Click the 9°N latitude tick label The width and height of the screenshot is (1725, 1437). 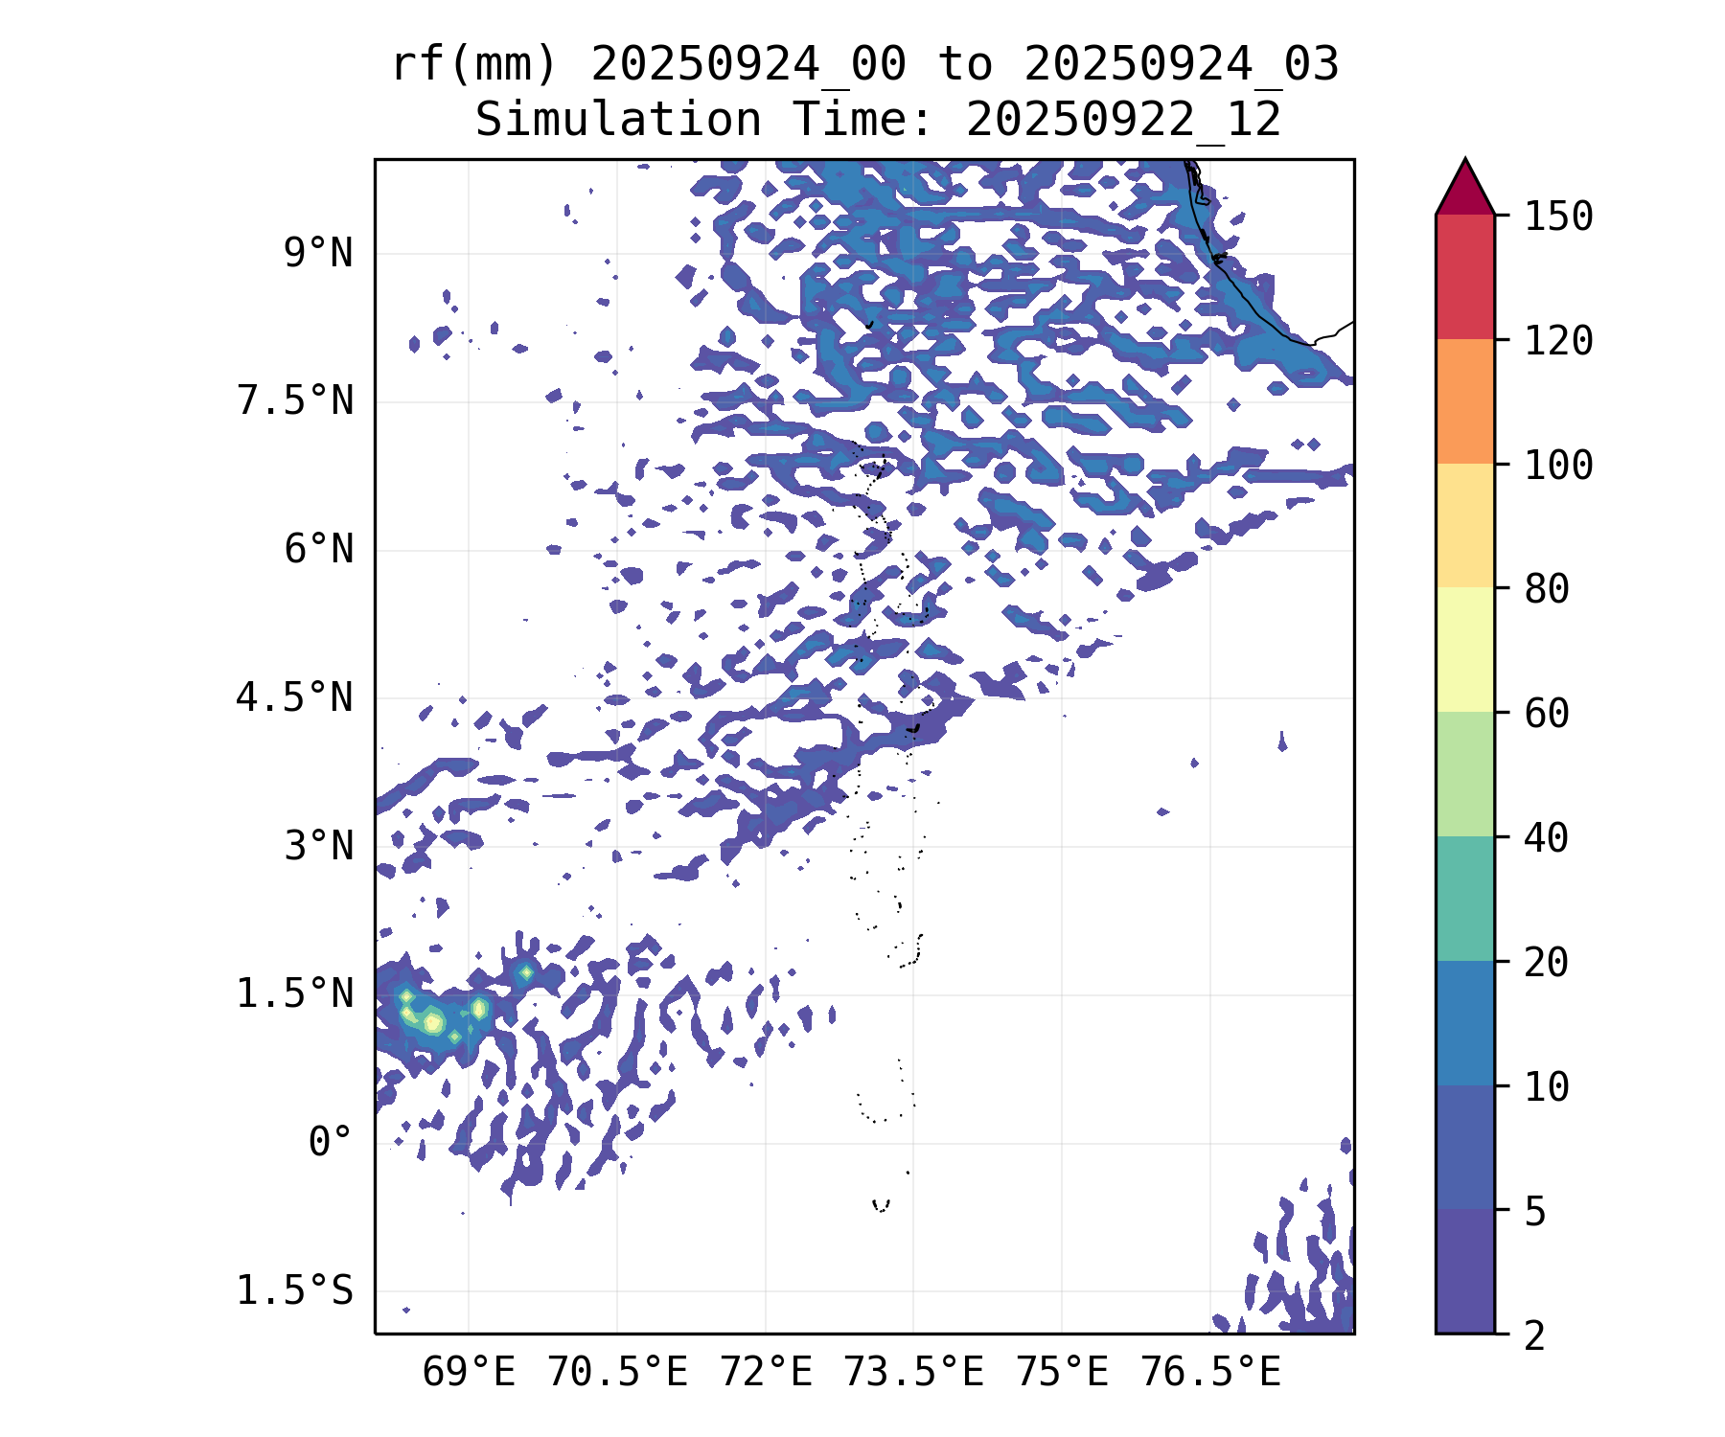click(318, 254)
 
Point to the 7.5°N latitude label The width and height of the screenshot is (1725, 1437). click(295, 401)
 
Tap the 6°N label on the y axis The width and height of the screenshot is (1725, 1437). click(318, 550)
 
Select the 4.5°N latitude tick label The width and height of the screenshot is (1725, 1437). click(295, 697)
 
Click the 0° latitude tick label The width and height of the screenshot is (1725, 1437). click(331, 1142)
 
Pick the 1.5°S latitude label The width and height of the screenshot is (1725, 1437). click(295, 1290)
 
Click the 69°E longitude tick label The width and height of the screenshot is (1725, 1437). click(469, 1373)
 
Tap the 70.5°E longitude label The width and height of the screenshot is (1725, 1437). click(617, 1373)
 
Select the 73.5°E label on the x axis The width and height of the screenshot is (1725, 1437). click(913, 1373)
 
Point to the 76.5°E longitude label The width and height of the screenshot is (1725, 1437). click(1210, 1373)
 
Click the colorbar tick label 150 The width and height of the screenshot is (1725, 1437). click(1558, 217)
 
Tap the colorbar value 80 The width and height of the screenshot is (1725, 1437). click(1547, 588)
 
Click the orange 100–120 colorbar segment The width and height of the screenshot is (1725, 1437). click(1464, 401)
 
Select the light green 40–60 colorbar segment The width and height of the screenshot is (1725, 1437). click(1464, 774)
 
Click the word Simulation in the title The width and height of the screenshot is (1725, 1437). click(618, 120)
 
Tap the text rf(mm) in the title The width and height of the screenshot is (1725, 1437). click(474, 65)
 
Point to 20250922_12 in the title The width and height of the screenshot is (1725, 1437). click(1123, 120)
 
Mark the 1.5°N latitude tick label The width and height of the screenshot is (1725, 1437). click(295, 994)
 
